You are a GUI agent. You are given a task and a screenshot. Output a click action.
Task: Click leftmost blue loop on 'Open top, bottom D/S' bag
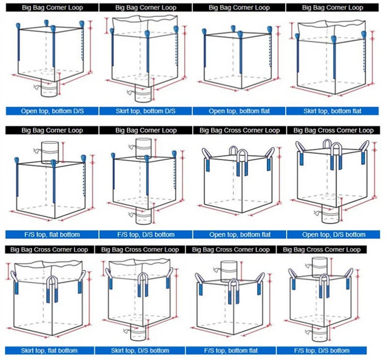(18, 44)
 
